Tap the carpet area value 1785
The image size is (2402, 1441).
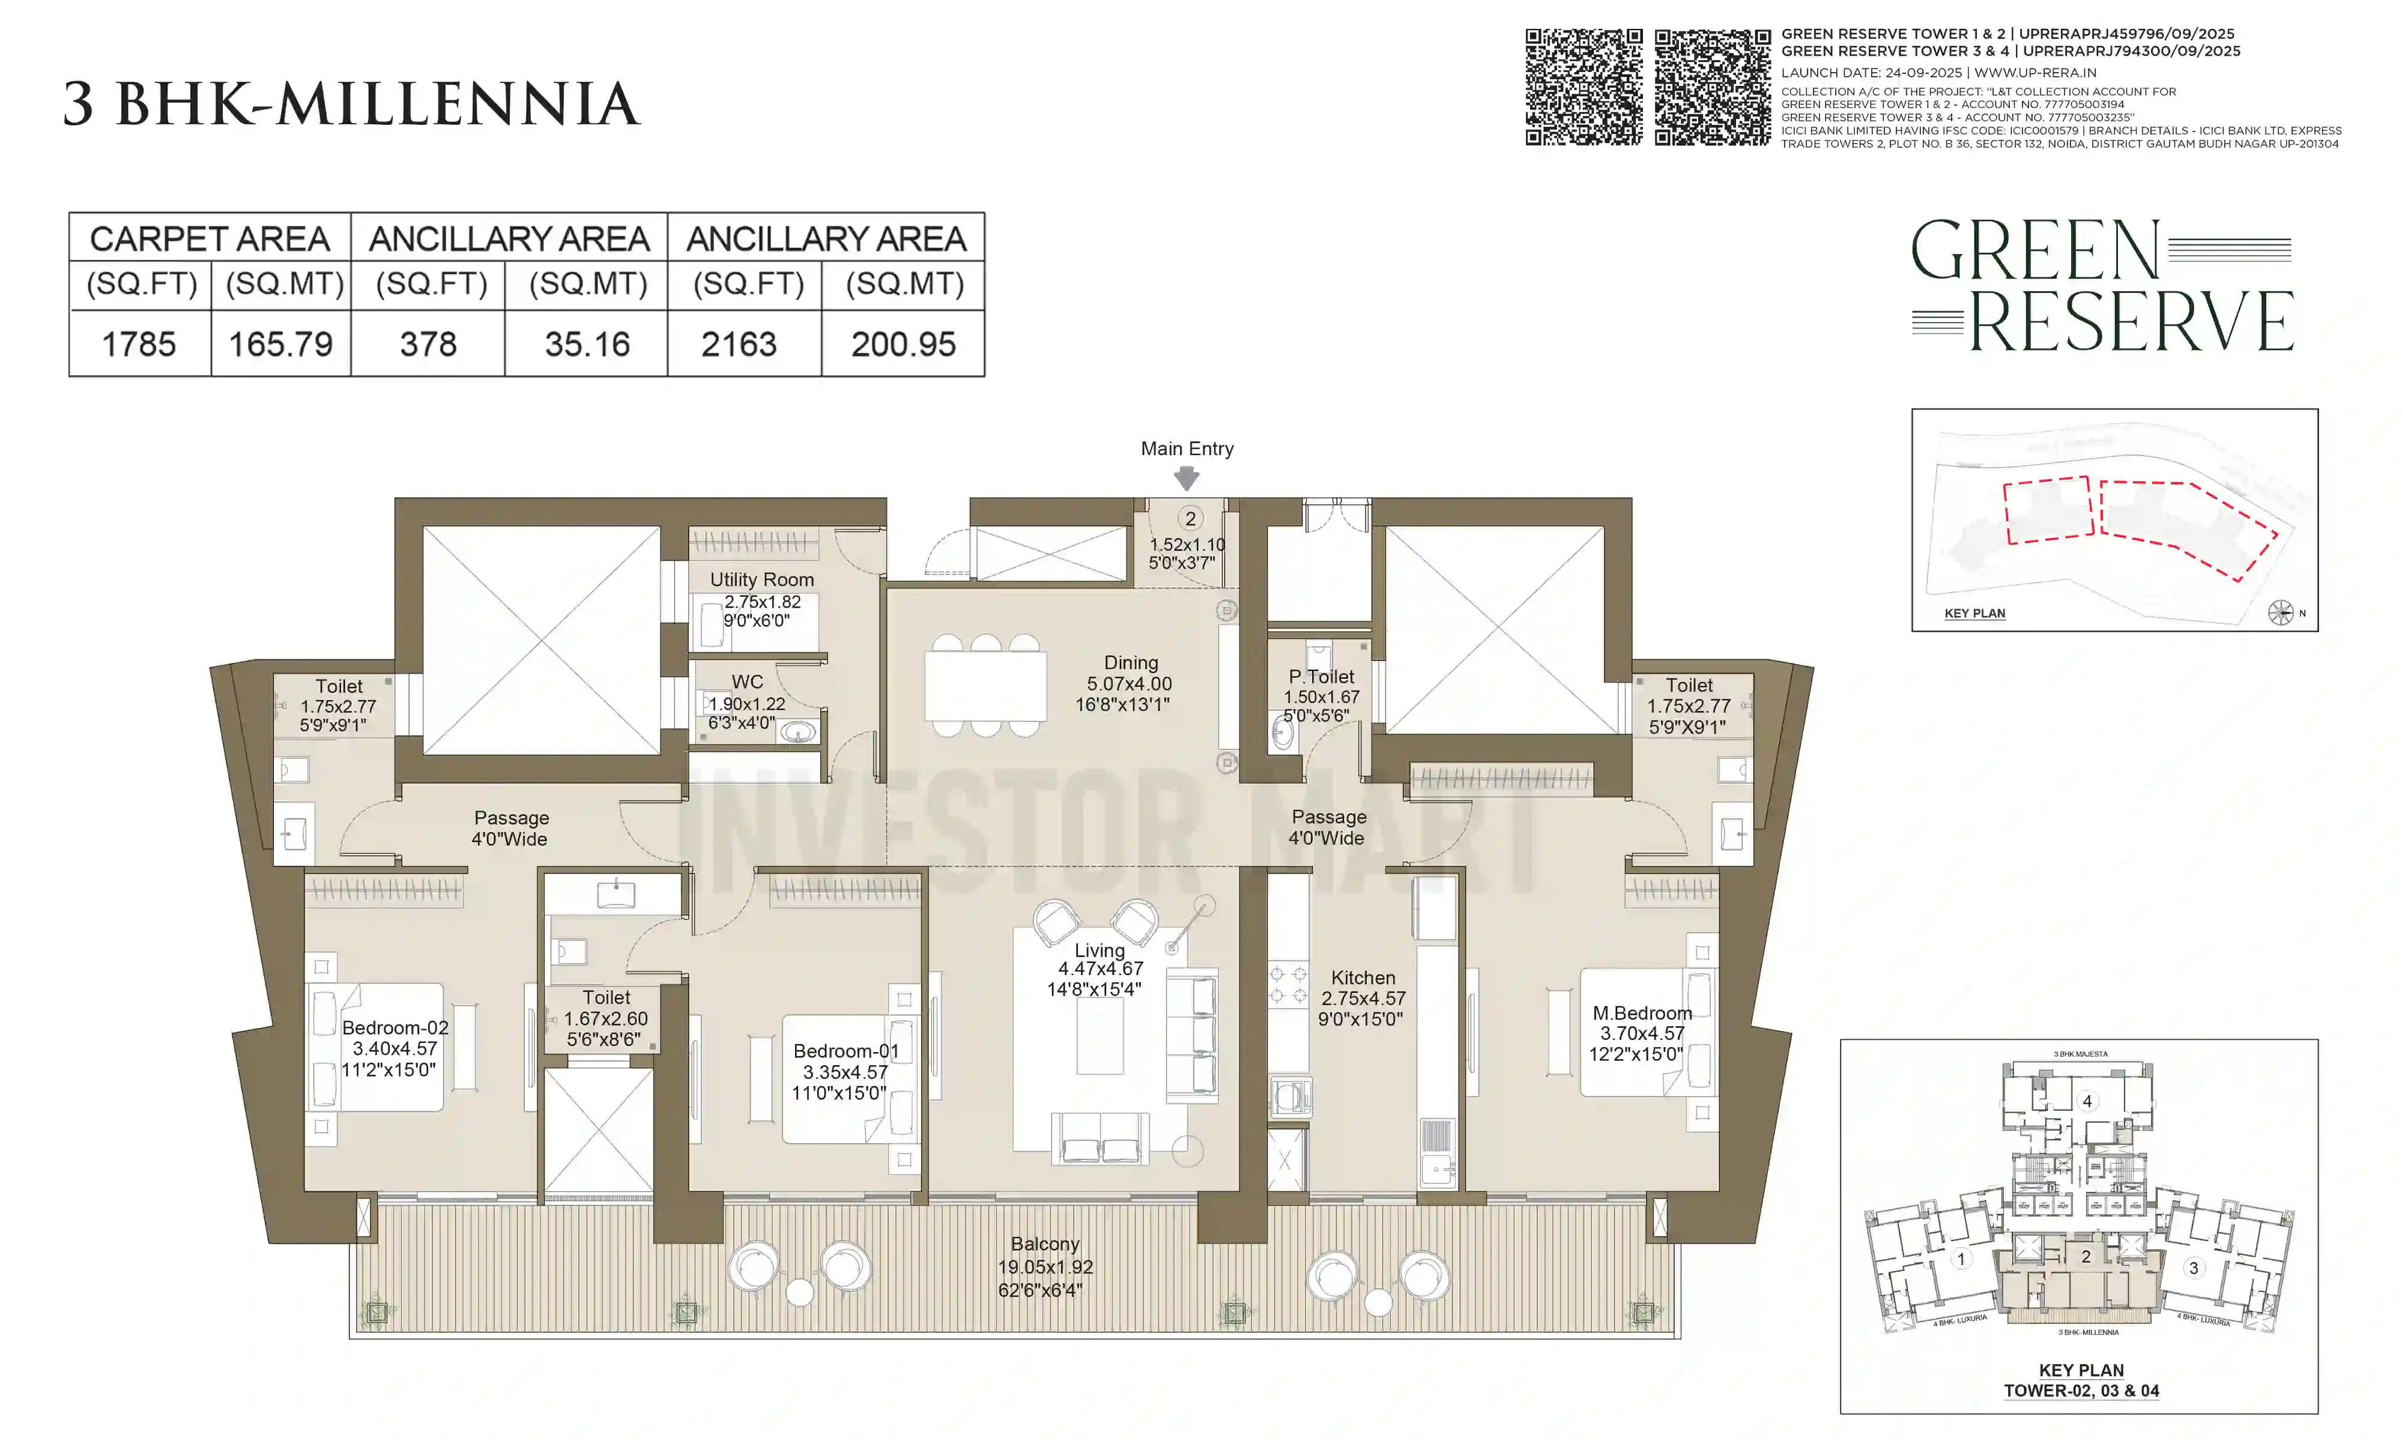click(139, 344)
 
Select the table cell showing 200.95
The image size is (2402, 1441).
click(903, 344)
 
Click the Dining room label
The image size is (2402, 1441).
click(1130, 662)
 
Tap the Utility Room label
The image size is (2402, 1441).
click(761, 579)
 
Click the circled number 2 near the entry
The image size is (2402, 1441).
click(1190, 519)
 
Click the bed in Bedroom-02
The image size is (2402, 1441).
click(379, 1047)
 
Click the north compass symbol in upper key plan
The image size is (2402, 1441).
click(2279, 612)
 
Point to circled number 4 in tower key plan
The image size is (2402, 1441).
click(2087, 1101)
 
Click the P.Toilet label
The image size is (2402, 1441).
click(1320, 677)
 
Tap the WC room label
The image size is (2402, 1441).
click(746, 681)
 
